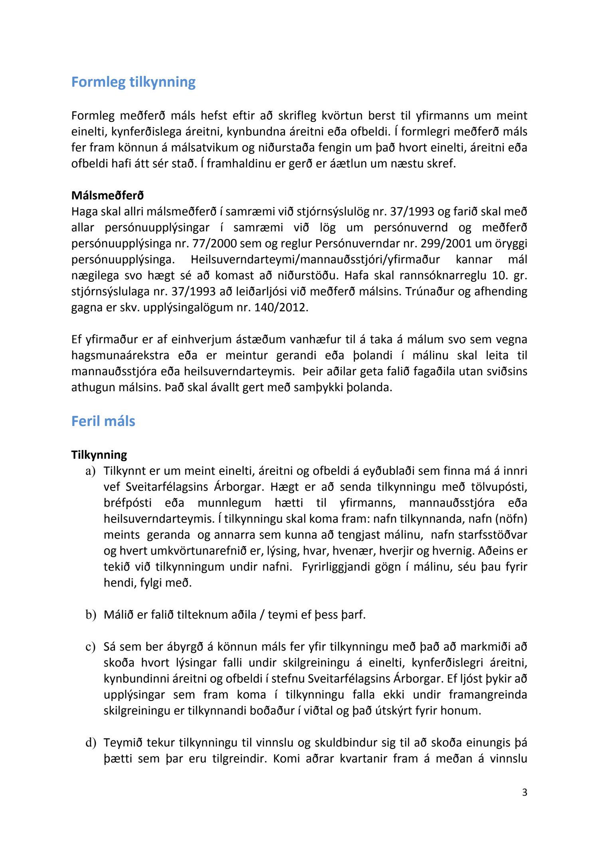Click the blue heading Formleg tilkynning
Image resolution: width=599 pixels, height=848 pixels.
(x=133, y=82)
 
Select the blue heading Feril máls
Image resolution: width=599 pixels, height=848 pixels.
(x=103, y=421)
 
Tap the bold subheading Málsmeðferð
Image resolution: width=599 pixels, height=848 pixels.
(x=107, y=195)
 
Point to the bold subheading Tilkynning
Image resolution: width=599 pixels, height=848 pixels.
(x=99, y=455)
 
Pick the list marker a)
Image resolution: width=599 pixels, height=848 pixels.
(x=91, y=471)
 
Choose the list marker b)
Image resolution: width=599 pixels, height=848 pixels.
(x=91, y=615)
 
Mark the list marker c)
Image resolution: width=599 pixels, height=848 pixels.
(x=91, y=647)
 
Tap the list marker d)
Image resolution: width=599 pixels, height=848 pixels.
(x=91, y=742)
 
